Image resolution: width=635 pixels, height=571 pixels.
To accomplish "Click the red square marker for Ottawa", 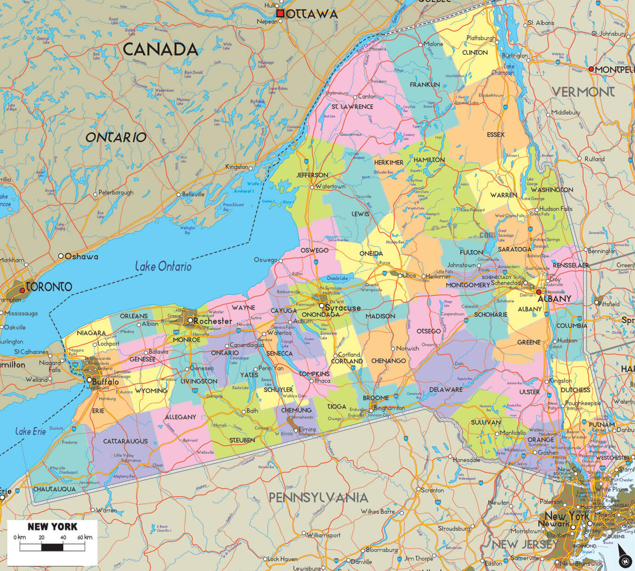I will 280,14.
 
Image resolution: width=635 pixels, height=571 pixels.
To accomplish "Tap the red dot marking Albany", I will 539,292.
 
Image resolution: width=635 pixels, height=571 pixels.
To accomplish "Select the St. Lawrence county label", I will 352,107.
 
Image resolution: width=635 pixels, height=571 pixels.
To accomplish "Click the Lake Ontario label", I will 163,266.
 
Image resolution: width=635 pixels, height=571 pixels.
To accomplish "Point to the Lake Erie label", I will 30,431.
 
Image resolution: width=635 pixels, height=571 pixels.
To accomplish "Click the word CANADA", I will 160,50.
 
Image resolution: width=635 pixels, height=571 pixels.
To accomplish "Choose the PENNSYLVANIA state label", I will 318,498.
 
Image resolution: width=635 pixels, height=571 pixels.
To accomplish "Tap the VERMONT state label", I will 583,92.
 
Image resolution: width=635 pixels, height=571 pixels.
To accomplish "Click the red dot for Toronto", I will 22,291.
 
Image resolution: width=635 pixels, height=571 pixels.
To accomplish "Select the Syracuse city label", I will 342,308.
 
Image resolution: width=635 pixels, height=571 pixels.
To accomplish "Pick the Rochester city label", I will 213,321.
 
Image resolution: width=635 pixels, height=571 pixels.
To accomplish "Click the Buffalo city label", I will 105,382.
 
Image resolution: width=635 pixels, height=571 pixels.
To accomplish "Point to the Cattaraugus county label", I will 125,441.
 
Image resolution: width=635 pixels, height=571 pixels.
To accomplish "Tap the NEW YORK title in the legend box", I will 52,527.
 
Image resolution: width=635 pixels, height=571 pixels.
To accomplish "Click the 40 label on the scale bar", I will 63,537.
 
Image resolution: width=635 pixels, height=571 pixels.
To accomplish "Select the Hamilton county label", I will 429,160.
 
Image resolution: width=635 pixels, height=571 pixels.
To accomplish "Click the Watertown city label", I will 330,187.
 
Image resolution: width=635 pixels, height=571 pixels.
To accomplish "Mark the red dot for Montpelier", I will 591,69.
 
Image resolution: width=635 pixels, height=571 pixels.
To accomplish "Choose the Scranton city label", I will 432,490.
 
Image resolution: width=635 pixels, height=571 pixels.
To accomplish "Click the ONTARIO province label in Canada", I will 116,137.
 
